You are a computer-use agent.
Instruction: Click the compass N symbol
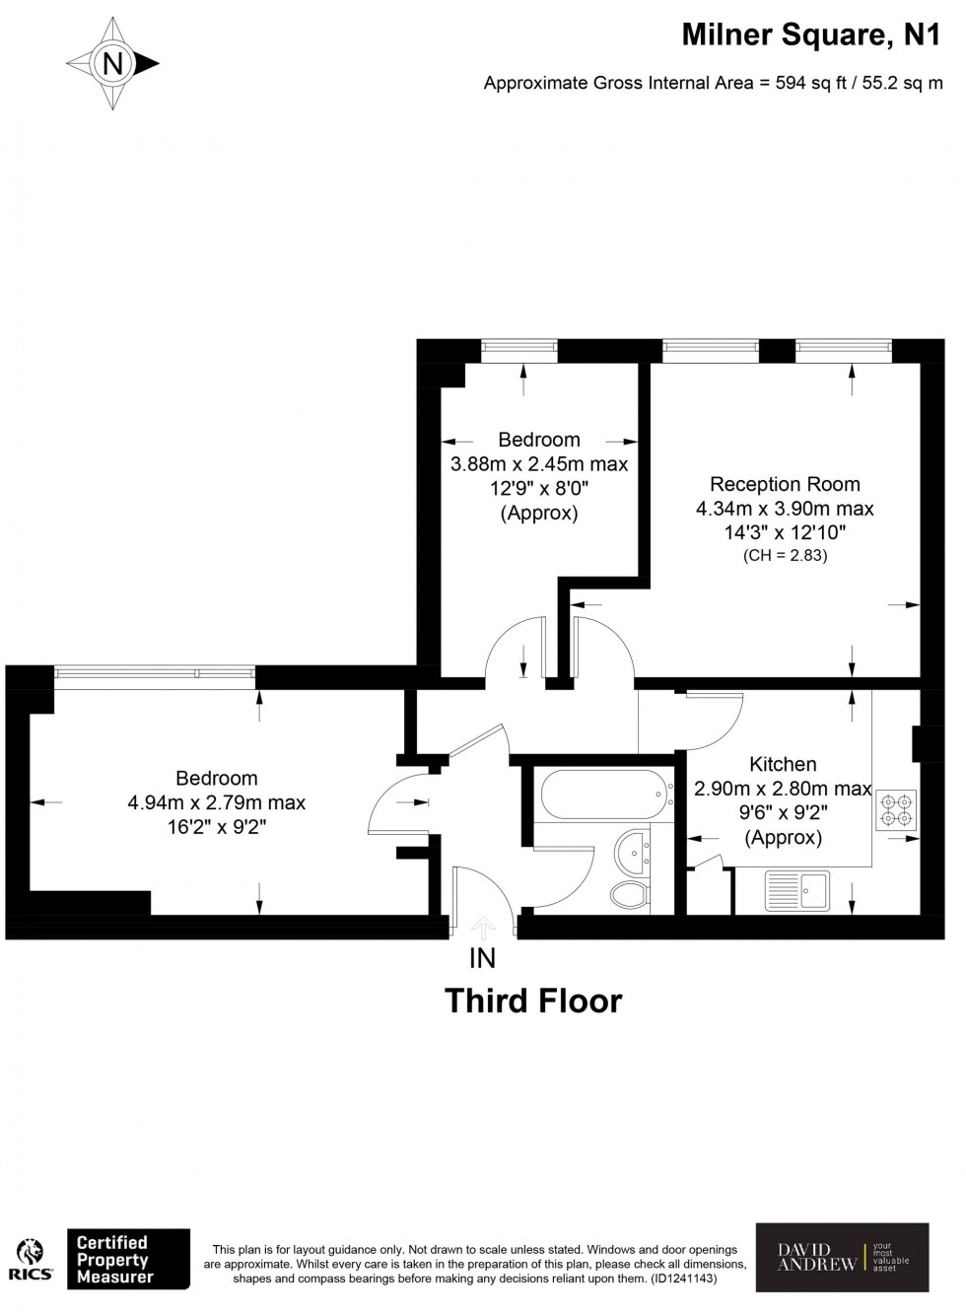coord(112,63)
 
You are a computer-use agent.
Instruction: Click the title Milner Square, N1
coord(810,35)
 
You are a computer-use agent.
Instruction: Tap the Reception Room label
coord(784,484)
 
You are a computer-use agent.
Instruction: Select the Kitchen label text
coord(783,764)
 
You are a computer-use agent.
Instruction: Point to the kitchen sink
coord(797,890)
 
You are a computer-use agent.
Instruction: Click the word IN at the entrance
coord(482,958)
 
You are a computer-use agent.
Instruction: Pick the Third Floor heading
coord(533,1001)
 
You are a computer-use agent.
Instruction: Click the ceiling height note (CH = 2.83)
coord(785,555)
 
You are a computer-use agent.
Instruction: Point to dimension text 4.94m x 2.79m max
coord(216,802)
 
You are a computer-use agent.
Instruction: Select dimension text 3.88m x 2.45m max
coord(539,463)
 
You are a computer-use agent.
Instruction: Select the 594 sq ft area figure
coord(810,83)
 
